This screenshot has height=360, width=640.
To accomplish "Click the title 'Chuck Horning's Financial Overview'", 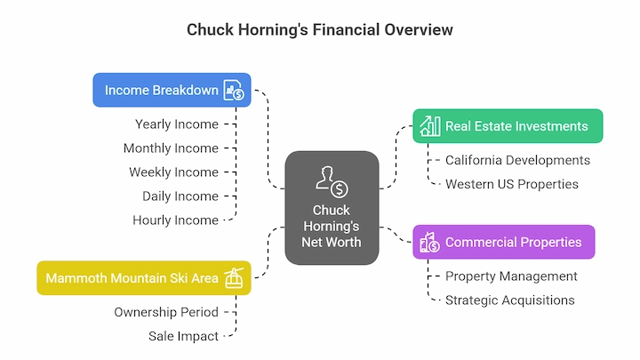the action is click(x=320, y=30).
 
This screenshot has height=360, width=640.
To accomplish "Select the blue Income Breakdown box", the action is click(x=172, y=90).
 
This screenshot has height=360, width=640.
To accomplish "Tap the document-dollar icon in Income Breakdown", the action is click(x=234, y=90).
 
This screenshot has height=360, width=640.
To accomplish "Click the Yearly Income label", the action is click(x=177, y=124).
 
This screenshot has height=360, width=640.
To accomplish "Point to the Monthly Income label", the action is click(x=171, y=148).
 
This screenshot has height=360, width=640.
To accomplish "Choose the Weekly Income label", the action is click(x=174, y=172).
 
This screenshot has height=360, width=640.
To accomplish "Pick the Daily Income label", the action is click(x=180, y=196).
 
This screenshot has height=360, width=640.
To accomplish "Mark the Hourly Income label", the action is click(x=175, y=220).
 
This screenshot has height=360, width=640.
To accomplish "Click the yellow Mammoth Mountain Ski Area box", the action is click(x=144, y=278).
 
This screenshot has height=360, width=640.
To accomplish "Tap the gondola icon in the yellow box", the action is click(x=234, y=278).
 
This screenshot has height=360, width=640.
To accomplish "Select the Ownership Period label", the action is click(x=166, y=312).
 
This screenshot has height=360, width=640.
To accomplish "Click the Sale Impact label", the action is click(x=184, y=336).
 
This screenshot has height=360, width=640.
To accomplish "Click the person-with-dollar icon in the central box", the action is click(x=332, y=181).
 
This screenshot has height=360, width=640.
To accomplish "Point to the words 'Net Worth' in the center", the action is click(x=332, y=242).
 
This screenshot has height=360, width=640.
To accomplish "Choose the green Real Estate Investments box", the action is click(x=508, y=125).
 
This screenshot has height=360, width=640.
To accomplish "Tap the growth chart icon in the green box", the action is click(x=430, y=125).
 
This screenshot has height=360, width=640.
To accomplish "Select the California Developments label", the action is click(x=517, y=160).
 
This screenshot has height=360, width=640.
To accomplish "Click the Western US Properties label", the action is click(x=512, y=184).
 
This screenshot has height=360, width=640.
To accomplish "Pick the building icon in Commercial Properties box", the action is click(x=430, y=242).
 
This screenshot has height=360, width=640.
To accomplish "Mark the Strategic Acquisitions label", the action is click(x=510, y=300).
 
